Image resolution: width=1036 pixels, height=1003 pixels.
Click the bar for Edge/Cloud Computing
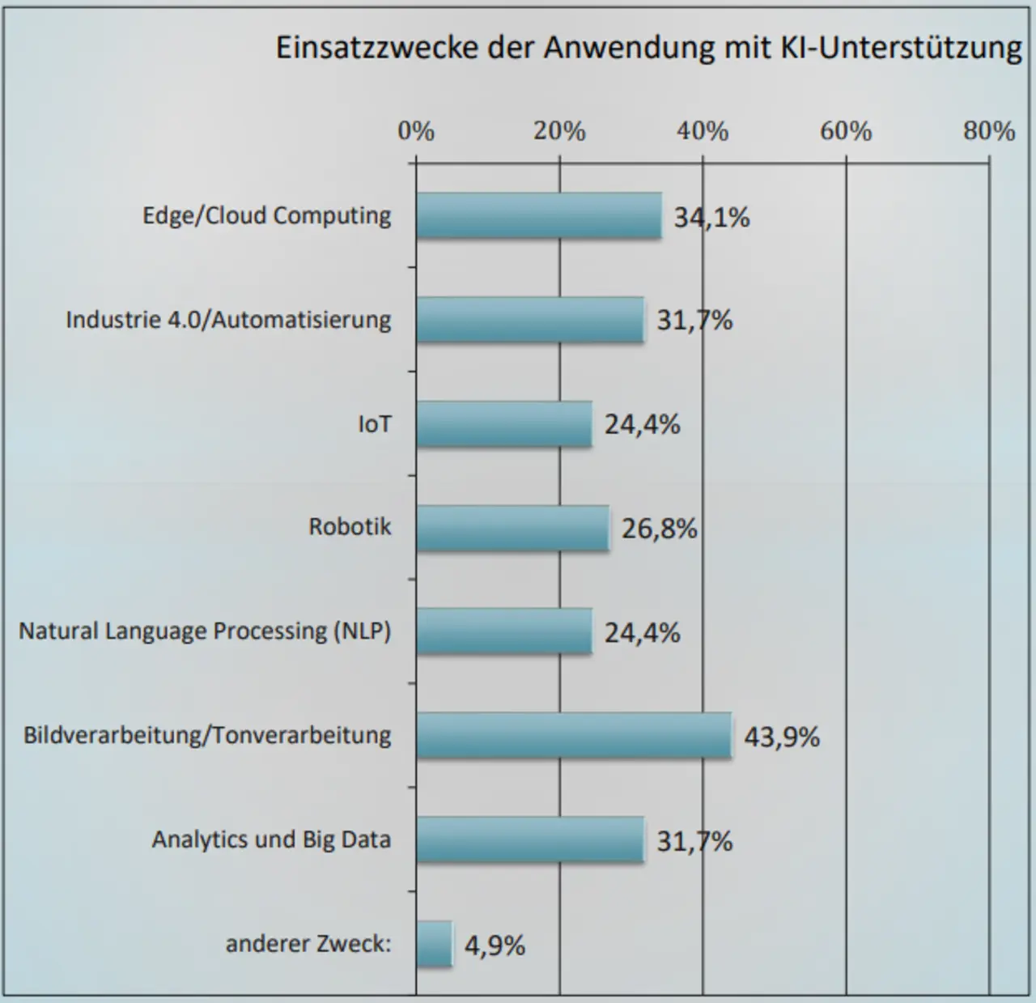539,215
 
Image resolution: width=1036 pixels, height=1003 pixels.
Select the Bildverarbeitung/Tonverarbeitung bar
574,735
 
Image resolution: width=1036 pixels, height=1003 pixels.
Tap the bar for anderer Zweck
435,944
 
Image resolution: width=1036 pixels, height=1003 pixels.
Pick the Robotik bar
513,528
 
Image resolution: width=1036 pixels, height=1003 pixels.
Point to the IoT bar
504,423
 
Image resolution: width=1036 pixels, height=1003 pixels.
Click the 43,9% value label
782,737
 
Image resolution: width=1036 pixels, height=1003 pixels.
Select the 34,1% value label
712,217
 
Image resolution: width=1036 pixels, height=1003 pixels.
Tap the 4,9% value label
495,945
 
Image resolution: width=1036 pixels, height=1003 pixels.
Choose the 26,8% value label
659,529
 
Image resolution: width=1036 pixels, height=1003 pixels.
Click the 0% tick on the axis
416,131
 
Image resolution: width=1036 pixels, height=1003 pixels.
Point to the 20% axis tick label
559,131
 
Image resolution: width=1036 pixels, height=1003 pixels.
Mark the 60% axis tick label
846,131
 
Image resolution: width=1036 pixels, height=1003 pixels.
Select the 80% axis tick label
989,131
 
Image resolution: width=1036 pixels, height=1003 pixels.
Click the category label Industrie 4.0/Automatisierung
228,320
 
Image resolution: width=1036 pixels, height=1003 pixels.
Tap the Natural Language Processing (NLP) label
205,631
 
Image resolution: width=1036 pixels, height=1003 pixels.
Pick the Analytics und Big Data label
271,839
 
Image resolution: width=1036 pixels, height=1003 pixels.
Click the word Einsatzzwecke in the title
376,48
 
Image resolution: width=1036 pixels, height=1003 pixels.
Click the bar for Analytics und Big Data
530,839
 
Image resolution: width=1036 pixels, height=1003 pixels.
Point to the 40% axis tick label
703,131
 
